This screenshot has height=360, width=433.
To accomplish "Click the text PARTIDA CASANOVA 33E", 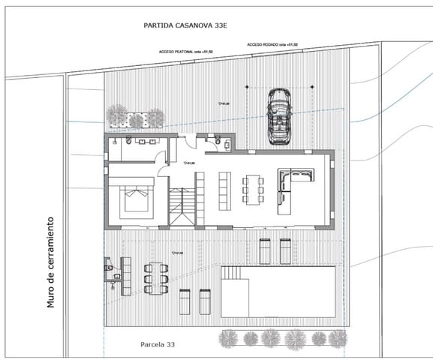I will tap(185, 25).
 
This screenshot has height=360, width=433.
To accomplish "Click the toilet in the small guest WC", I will tap(218, 140).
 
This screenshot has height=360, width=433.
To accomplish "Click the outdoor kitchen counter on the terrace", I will tap(126, 274).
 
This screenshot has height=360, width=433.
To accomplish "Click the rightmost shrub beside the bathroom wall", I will tap(155, 117).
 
